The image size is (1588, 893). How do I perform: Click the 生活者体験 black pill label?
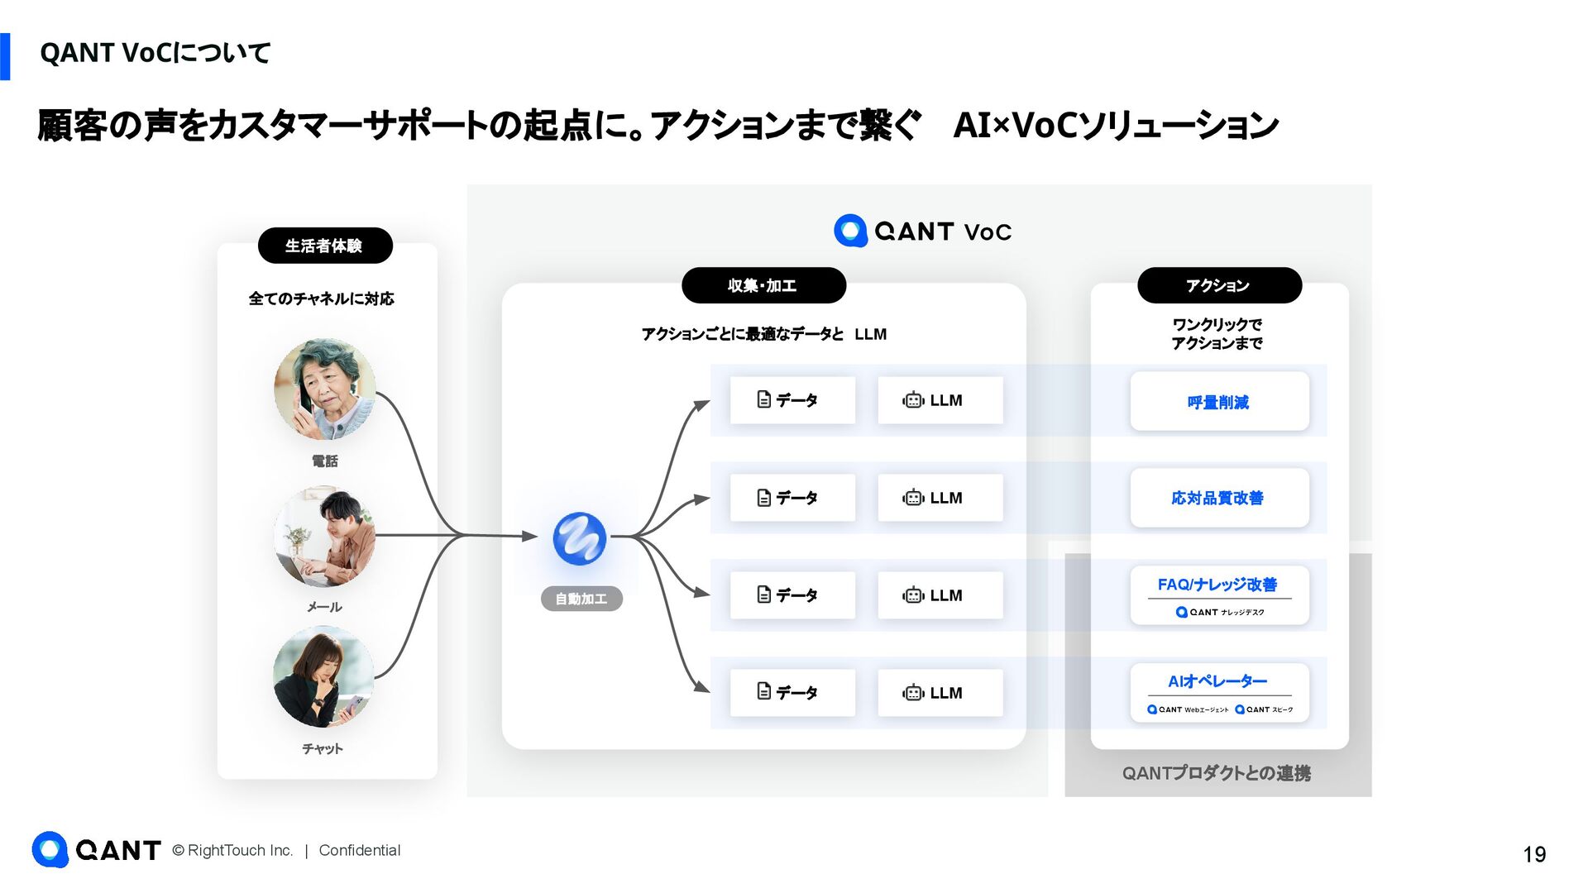324,246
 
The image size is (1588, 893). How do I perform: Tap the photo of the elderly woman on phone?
324,389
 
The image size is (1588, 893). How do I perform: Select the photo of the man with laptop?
324,537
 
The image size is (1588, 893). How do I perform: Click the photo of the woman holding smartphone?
323,677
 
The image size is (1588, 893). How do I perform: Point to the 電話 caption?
324,461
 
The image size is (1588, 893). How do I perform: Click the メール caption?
324,607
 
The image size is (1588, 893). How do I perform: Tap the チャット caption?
323,749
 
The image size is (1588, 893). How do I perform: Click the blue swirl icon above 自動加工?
580,539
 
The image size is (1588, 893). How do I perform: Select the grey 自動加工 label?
581,599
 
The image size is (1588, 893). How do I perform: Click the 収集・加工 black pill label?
763,285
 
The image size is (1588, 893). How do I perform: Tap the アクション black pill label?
1218,285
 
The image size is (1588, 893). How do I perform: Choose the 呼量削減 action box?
1219,402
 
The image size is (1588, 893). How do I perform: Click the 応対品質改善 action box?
1219,498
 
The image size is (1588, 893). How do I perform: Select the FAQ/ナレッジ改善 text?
1217,585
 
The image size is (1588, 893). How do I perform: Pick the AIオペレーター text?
1217,681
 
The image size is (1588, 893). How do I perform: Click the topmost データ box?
792,400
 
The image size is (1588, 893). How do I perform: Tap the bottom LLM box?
940,693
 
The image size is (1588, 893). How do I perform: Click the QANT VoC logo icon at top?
850,231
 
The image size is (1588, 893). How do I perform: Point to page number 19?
1534,854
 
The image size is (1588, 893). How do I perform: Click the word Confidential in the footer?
360,851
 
